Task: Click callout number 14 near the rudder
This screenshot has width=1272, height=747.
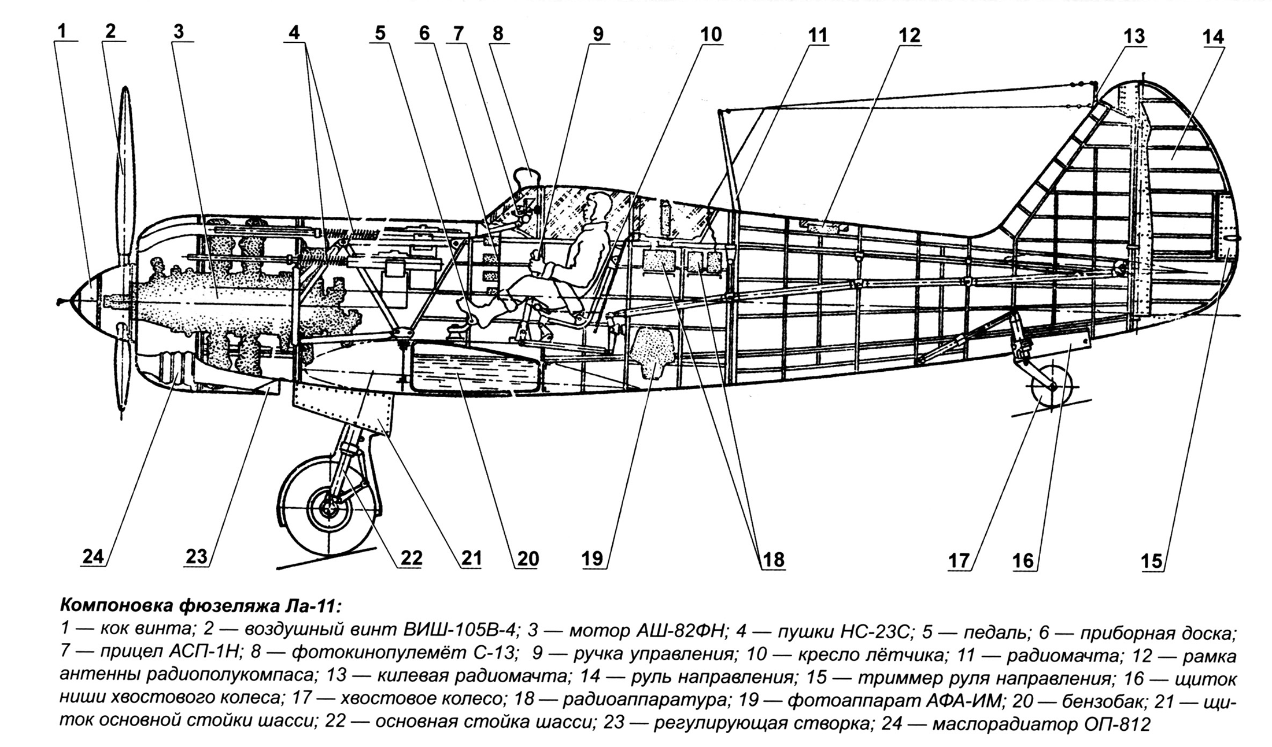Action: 1213,37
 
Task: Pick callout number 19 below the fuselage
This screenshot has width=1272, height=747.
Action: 593,559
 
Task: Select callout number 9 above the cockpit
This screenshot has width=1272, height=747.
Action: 597,34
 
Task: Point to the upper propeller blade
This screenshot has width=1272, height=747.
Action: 125,156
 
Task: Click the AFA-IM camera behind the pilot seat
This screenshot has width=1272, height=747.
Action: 652,348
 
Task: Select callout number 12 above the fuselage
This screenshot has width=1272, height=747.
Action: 908,35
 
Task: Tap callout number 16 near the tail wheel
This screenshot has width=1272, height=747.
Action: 1022,560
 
